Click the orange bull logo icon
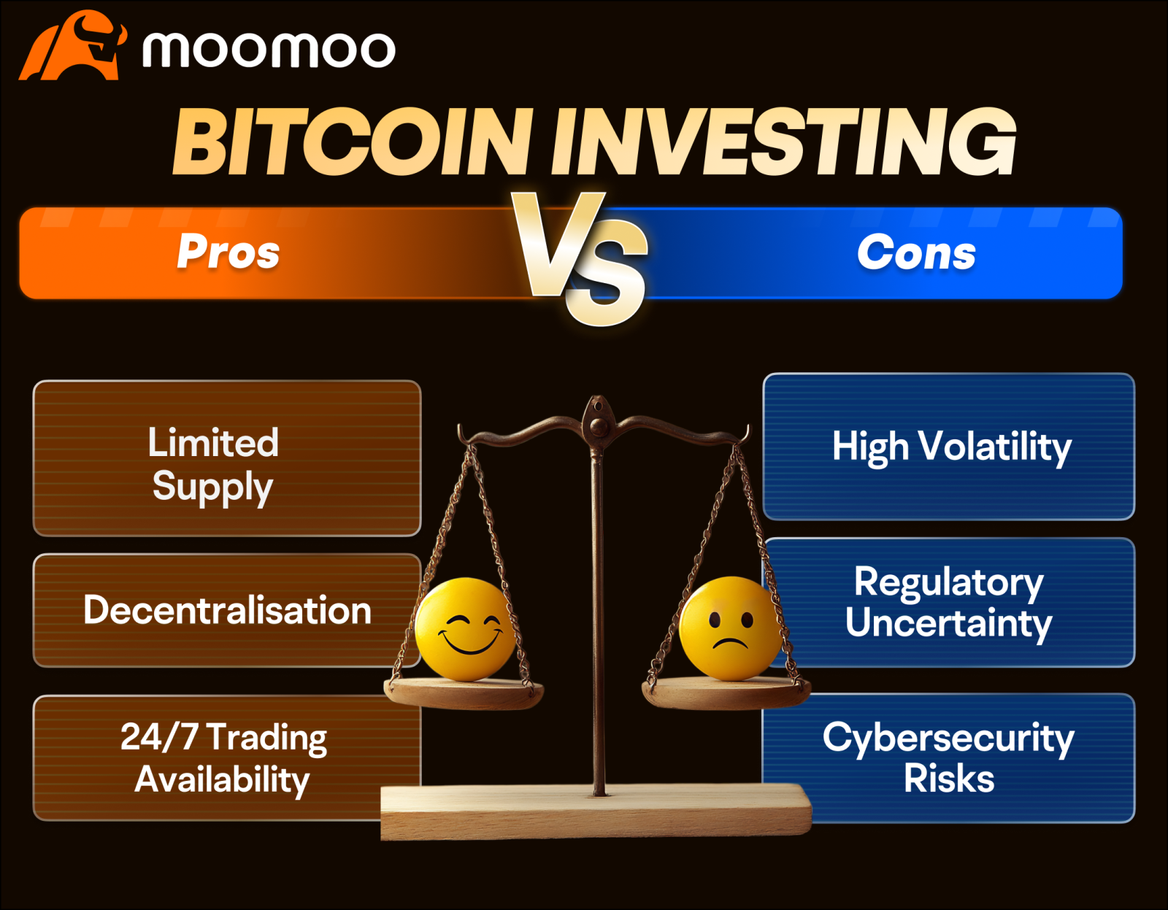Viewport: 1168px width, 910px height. [73, 47]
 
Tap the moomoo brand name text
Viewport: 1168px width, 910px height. [269, 50]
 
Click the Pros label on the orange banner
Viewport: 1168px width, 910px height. [228, 252]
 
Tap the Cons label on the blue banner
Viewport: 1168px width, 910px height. [916, 252]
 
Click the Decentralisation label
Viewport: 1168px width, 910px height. [227, 610]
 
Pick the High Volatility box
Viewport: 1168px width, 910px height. [948, 447]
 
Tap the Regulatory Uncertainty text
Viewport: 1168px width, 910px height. [948, 603]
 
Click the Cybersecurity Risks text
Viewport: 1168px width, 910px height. [948, 757]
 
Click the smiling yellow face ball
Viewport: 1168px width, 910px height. [465, 628]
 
